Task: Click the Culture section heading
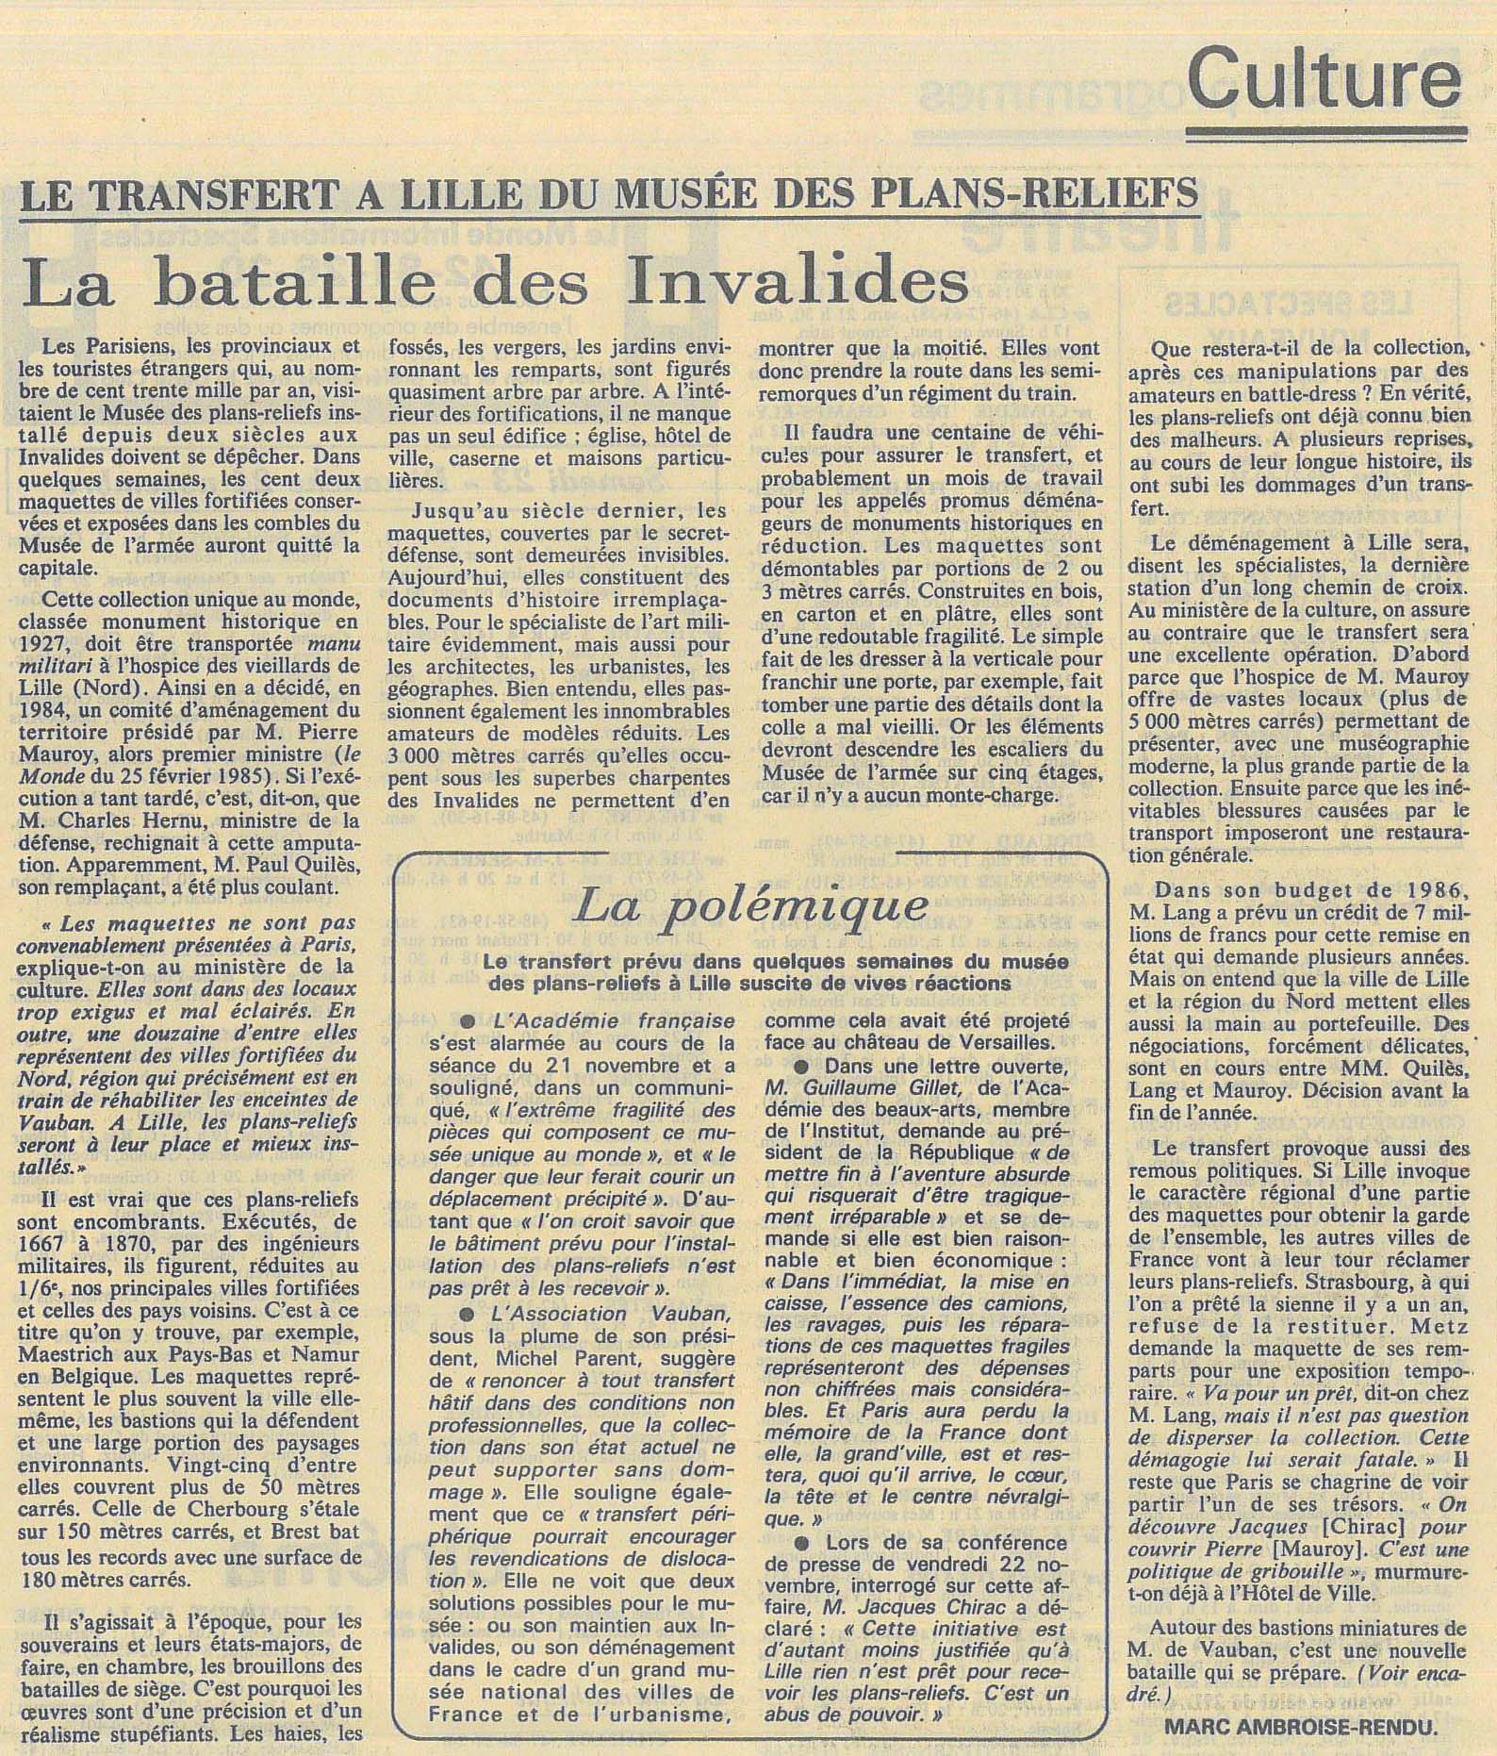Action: point(1324,81)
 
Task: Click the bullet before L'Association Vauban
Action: point(464,1315)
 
